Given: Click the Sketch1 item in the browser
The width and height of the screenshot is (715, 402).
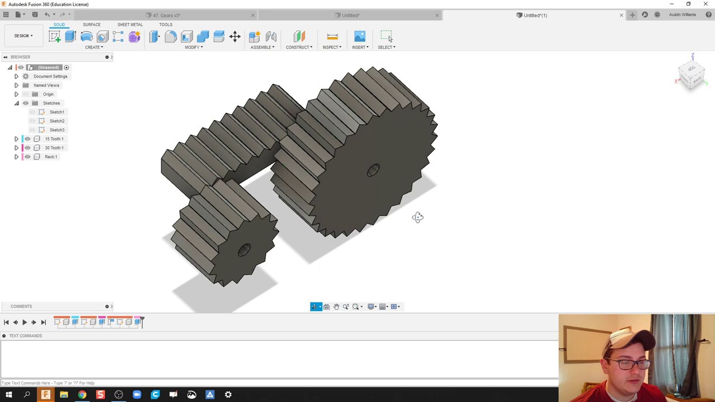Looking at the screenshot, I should click(56, 112).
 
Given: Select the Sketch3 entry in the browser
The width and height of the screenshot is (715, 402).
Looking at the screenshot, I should click(56, 130).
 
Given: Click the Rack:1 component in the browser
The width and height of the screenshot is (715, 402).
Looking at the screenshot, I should click(51, 157).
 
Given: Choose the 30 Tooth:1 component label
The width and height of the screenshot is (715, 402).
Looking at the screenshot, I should click(54, 148).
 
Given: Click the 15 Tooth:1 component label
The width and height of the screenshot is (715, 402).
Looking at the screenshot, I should click(54, 139).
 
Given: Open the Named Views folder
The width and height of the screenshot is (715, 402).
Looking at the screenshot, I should click(46, 85).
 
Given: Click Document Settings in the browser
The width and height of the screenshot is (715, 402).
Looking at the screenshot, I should click(50, 76).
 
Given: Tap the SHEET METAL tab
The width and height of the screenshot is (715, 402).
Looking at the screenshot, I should click(130, 25).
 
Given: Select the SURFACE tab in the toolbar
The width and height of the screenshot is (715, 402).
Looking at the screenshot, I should click(92, 25).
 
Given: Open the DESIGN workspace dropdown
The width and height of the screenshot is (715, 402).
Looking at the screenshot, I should click(23, 36).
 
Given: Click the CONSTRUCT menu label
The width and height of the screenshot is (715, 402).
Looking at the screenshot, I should click(299, 47).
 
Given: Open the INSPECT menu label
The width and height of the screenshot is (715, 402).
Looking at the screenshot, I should click(331, 47).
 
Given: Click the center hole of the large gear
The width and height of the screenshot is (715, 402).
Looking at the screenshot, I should click(373, 171).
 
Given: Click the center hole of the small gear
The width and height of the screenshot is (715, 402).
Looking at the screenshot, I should click(244, 250).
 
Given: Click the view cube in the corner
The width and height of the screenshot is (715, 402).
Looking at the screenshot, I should click(692, 75).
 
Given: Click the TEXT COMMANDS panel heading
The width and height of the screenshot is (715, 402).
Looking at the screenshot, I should click(25, 336).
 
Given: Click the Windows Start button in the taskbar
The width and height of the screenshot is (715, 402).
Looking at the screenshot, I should click(8, 395).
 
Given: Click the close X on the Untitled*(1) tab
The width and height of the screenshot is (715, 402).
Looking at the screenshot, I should click(621, 15).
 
